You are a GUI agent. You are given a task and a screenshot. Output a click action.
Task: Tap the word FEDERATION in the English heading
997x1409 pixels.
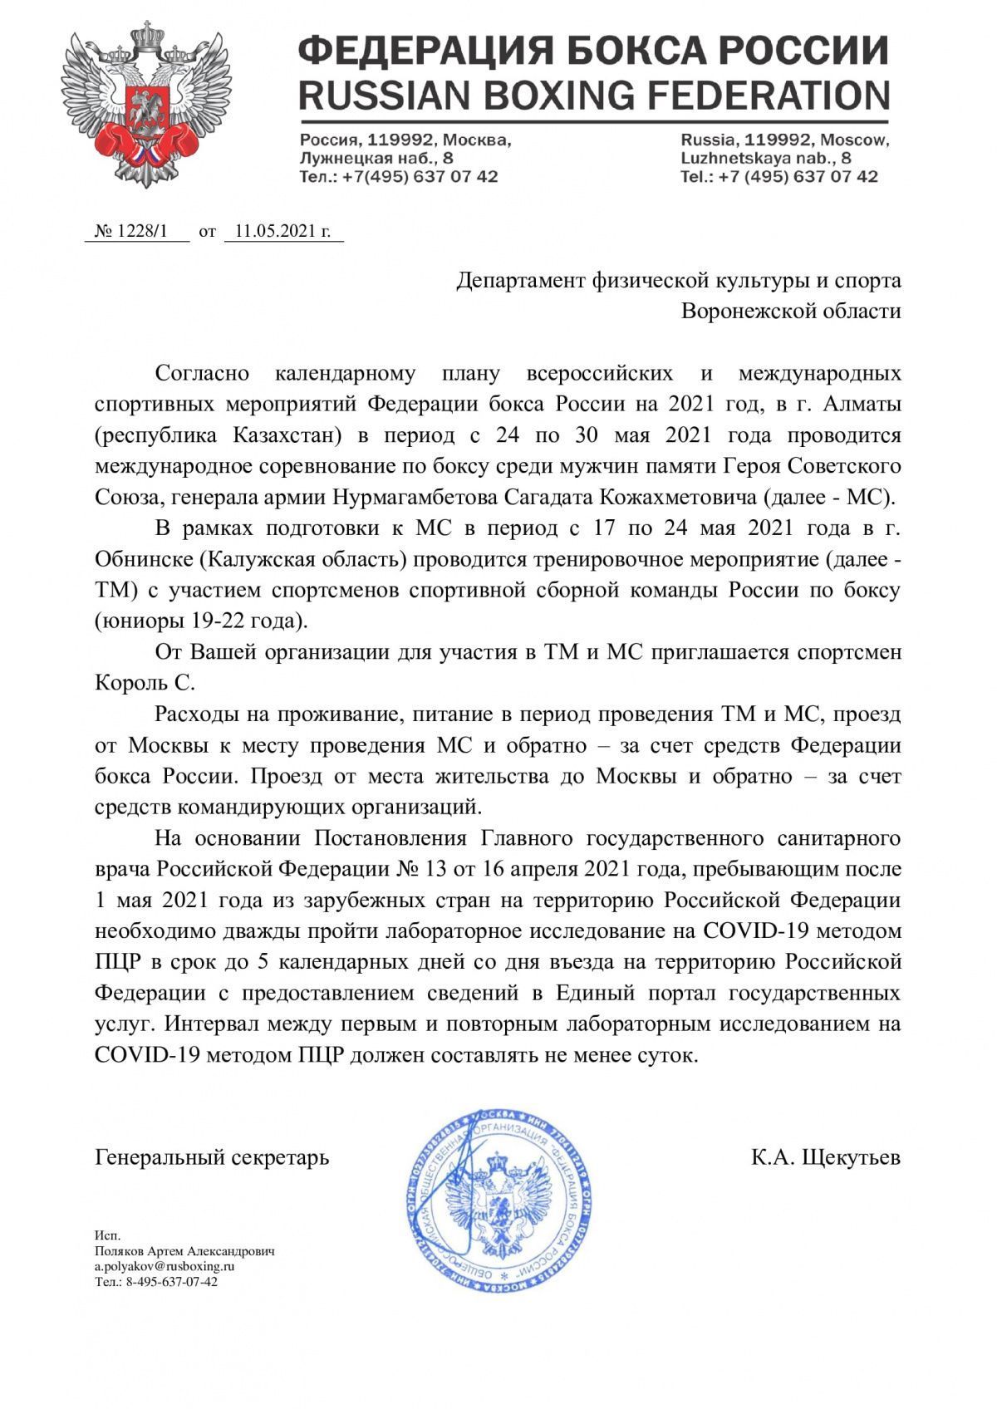pyautogui.click(x=753, y=95)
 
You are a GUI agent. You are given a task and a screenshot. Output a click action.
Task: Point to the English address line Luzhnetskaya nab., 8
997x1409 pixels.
pyautogui.click(x=766, y=158)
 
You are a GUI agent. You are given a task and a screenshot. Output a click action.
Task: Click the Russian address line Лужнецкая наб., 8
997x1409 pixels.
pyautogui.click(x=376, y=158)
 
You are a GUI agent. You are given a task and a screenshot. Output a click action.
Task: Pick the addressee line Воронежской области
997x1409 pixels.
pyautogui.click(x=790, y=312)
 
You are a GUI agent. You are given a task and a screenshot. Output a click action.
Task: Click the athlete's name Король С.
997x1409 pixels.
pyautogui.click(x=145, y=683)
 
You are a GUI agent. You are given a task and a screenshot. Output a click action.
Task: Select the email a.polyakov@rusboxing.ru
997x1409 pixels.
pyautogui.click(x=165, y=1267)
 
